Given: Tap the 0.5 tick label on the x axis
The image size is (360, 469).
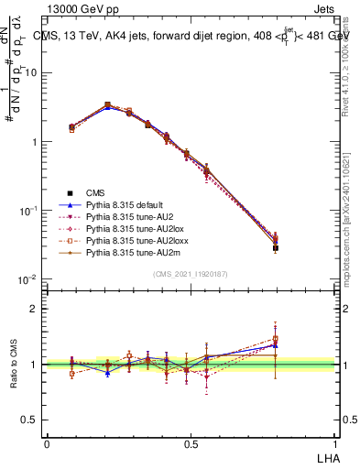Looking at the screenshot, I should click(190, 444).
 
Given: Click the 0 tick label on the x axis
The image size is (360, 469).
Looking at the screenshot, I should click(47, 444).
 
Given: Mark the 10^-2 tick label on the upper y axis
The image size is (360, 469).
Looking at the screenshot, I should click(29, 279).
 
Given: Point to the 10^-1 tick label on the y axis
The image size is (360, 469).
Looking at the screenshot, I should click(29, 211).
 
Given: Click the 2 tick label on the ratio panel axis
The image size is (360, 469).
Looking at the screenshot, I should click(34, 309).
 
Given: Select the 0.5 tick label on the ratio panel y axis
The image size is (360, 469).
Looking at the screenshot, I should click(29, 420).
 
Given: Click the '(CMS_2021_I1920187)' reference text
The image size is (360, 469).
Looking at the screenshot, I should click(191, 275).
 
